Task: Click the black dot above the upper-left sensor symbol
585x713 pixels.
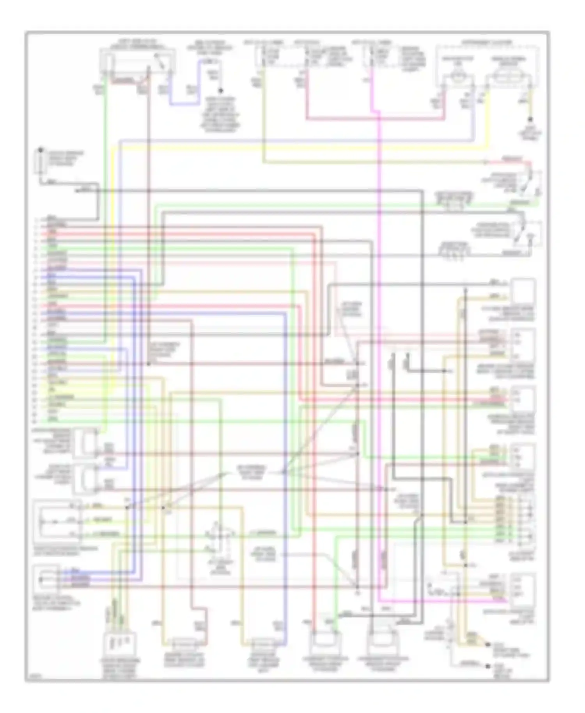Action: [40, 150]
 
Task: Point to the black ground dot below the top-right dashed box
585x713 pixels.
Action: [530, 119]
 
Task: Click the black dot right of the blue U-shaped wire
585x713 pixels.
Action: [220, 90]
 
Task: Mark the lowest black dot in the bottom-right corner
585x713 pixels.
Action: [487, 666]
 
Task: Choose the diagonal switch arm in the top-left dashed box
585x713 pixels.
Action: [160, 60]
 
